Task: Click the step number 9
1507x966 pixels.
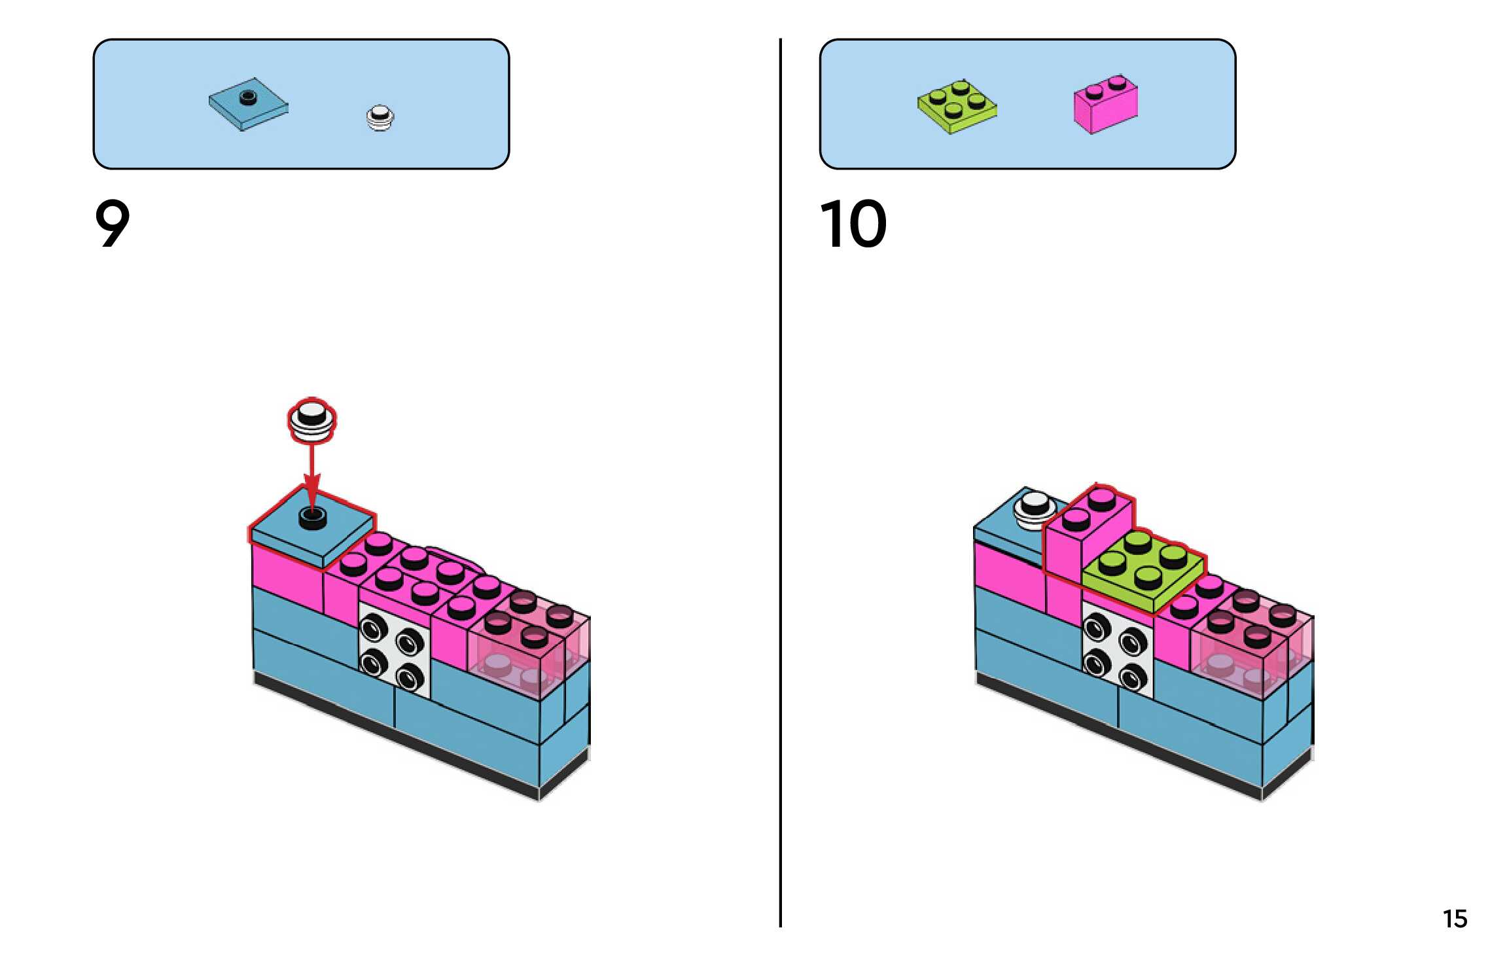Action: tap(113, 224)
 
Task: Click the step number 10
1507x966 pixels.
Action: tap(853, 224)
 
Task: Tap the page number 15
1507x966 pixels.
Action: tap(1455, 919)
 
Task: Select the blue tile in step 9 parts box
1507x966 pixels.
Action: tap(248, 105)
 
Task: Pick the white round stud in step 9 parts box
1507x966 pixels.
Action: tap(380, 118)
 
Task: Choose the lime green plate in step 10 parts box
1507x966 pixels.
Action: tap(957, 107)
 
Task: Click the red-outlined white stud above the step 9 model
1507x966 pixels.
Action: tap(312, 419)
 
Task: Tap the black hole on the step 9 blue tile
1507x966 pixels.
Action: tap(313, 517)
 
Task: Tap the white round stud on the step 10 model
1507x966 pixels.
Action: tap(1034, 508)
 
